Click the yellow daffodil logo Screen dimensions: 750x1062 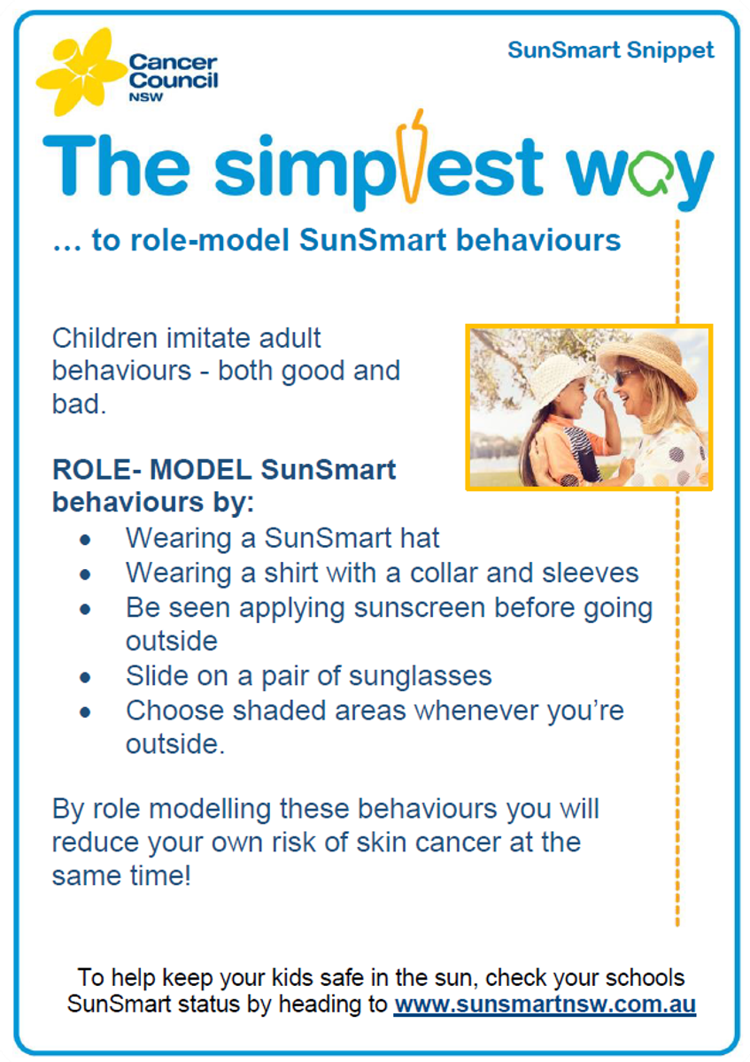[81, 72]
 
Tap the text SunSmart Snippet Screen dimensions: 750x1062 [610, 50]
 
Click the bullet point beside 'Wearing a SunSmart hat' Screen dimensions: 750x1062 [85, 540]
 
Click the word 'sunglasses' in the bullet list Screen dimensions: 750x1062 [421, 677]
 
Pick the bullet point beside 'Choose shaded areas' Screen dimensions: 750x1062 [85, 712]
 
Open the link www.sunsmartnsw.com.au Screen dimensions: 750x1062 [545, 1004]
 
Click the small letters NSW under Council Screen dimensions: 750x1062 [145, 97]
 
